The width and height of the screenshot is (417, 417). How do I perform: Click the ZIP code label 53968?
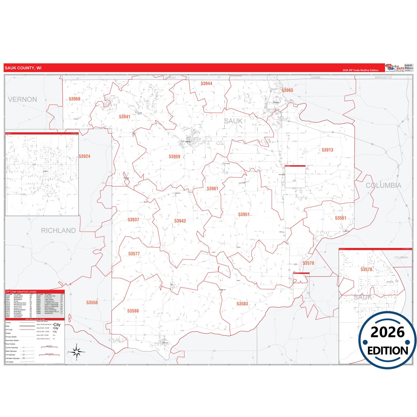[x=74, y=99]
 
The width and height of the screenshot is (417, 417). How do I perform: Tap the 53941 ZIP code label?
[x=125, y=117]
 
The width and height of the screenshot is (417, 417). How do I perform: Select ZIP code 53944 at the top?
[x=206, y=84]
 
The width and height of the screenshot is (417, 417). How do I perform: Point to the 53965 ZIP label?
[x=287, y=90]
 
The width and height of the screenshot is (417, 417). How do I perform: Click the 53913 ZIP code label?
[x=327, y=150]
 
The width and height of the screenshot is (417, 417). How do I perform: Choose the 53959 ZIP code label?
[x=174, y=157]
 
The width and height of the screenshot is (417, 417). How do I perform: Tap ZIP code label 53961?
[x=212, y=189]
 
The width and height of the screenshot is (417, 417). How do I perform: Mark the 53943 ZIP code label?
[x=180, y=221]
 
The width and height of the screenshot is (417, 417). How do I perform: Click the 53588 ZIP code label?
[x=133, y=311]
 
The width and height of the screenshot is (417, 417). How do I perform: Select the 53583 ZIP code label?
[x=242, y=304]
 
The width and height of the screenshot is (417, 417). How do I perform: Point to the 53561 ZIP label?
[x=341, y=218]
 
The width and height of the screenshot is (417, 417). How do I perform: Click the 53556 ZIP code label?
[x=92, y=303]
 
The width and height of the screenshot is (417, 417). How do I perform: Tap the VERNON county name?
[x=23, y=100]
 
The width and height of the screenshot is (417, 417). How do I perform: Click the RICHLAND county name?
[x=58, y=231]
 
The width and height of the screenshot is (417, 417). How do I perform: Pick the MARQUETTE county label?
[x=383, y=77]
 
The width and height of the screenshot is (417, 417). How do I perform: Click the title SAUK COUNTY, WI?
[x=23, y=68]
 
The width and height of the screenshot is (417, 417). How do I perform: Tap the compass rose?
[x=76, y=352]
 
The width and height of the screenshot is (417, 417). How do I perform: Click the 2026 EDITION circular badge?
[x=387, y=341]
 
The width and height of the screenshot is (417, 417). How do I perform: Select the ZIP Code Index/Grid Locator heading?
[x=21, y=292]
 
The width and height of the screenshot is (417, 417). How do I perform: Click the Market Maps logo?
[x=395, y=68]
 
